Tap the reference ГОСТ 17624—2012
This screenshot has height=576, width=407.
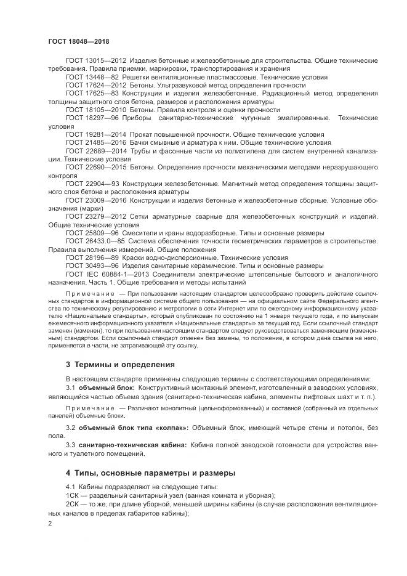[94, 86]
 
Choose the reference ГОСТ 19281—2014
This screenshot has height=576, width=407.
[94, 133]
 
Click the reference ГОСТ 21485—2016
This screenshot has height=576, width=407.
[94, 141]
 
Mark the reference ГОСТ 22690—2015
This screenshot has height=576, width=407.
[94, 166]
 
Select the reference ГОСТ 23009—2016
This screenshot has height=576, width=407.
[94, 200]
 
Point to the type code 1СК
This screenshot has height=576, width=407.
[72, 495]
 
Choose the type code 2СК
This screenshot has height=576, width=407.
[72, 503]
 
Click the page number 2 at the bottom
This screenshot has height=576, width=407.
[50, 523]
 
